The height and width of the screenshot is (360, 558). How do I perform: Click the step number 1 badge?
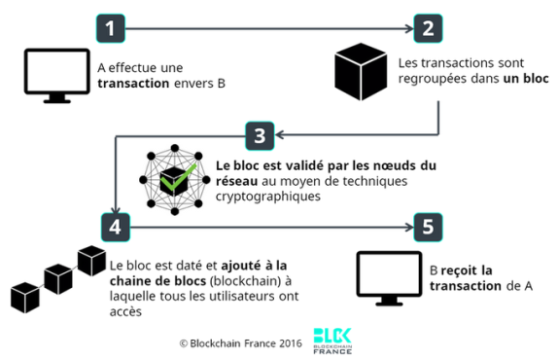[111, 28]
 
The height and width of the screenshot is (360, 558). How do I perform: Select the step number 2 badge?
[428, 28]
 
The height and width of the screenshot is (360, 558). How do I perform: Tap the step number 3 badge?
[260, 135]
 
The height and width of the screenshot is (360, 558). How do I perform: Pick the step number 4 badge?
[116, 227]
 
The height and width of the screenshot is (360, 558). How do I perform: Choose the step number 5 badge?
[428, 227]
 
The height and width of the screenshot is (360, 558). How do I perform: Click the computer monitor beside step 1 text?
[57, 76]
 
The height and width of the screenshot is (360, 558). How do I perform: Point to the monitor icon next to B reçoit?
[389, 278]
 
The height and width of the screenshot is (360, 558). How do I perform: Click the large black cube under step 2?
[361, 72]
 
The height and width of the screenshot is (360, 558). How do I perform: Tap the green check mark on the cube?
[178, 177]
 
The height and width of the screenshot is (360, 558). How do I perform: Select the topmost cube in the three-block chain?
[91, 261]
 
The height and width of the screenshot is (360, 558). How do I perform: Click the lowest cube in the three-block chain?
[25, 298]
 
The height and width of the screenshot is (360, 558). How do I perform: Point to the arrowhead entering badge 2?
[409, 28]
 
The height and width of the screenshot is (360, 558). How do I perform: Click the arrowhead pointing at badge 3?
[279, 135]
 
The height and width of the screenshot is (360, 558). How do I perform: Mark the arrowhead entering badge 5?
[409, 227]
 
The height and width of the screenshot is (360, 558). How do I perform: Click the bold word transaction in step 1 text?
[133, 84]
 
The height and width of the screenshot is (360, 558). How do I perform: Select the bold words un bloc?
[526, 79]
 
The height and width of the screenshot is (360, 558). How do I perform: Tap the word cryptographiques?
[268, 197]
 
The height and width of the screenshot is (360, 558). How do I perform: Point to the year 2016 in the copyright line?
[291, 343]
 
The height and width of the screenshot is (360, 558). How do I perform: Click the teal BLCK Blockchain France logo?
[332, 341]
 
